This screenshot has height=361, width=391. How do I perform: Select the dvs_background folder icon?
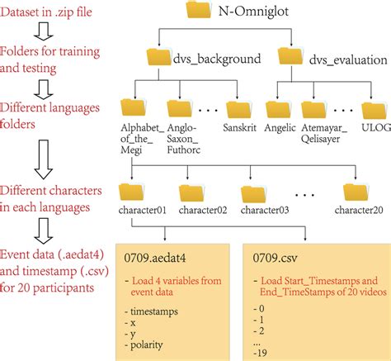click(x=159, y=59)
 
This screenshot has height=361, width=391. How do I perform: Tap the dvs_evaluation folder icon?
click(x=293, y=59)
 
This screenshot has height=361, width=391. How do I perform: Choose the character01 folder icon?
click(x=133, y=193)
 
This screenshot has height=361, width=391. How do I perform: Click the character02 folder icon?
click(x=192, y=193)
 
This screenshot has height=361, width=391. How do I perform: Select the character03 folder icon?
click(x=253, y=193)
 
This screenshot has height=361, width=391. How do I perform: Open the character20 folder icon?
click(x=357, y=193)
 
